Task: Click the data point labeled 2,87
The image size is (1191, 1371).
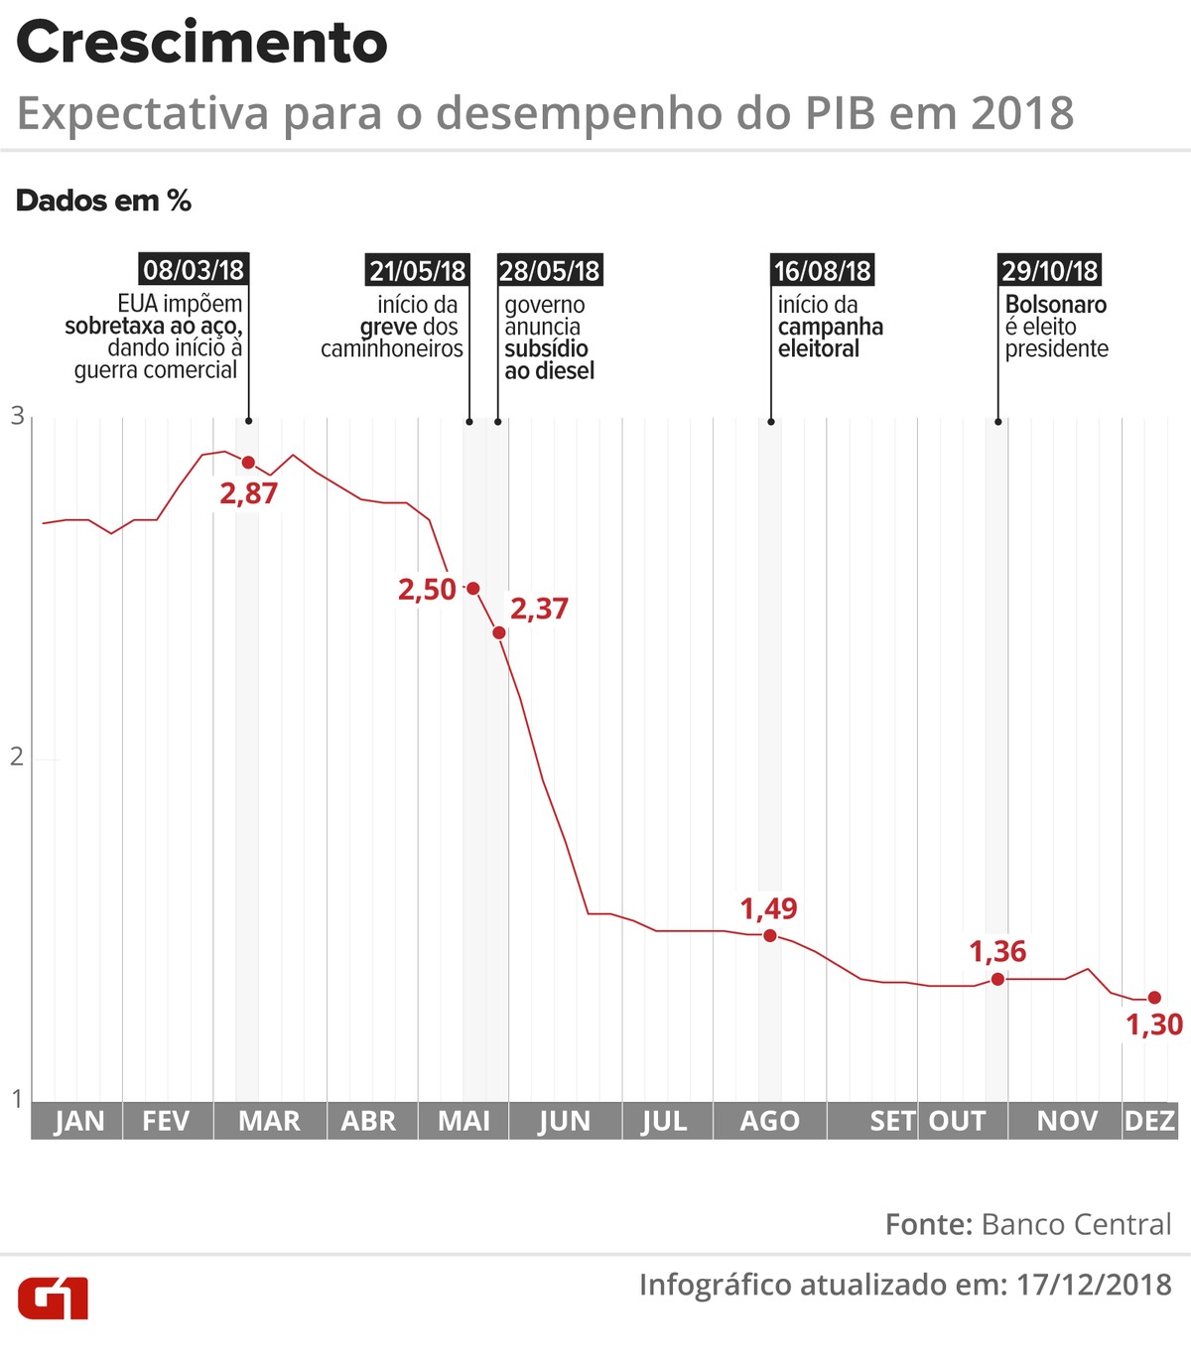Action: (x=248, y=463)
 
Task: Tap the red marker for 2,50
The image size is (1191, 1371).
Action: (x=473, y=589)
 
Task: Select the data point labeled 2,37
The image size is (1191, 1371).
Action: (x=499, y=632)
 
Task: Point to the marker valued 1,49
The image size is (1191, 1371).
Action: (x=770, y=935)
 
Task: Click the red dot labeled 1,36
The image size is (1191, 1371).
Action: (x=997, y=979)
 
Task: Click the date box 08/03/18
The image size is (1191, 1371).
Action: (x=193, y=270)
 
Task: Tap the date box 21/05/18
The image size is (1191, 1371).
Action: (x=417, y=270)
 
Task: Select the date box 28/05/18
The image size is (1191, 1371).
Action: (x=549, y=270)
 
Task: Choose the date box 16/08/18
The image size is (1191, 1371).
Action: (x=822, y=270)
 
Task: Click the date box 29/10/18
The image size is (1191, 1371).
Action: (x=1049, y=270)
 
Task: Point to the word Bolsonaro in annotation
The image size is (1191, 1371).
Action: (x=1055, y=304)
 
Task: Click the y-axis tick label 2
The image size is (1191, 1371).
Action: (x=17, y=756)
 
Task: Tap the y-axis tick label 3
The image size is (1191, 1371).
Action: (x=17, y=416)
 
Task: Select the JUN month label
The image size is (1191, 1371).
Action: (x=564, y=1121)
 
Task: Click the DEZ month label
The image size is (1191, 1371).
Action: (x=1149, y=1121)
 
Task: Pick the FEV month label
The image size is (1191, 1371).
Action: (x=166, y=1121)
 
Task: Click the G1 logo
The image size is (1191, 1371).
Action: (x=53, y=1299)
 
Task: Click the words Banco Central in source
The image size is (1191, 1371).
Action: (x=1076, y=1224)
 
